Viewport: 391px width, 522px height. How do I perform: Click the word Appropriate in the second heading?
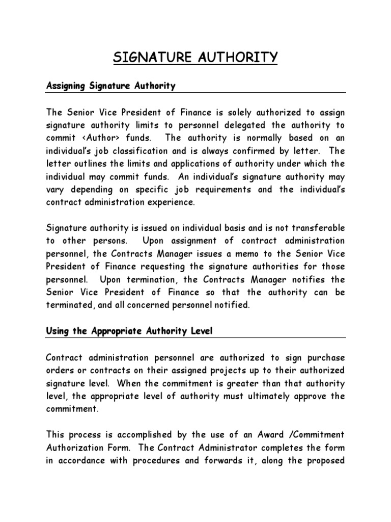(x=117, y=331)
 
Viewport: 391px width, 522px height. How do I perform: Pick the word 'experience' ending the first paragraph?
(x=169, y=201)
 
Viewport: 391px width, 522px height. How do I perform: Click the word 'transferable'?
(x=316, y=227)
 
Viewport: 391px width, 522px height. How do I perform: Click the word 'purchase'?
(x=324, y=357)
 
